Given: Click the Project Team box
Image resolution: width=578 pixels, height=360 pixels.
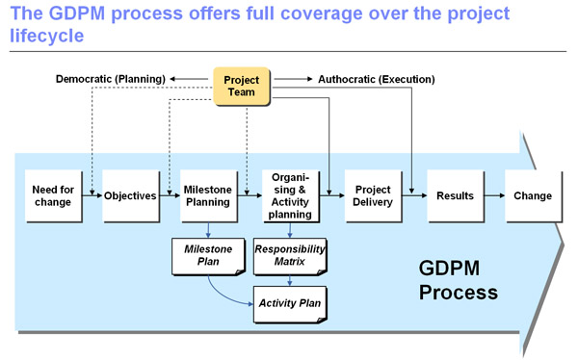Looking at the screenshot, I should pos(240,86).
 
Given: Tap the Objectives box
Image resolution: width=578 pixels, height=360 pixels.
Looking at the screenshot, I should pos(129,196).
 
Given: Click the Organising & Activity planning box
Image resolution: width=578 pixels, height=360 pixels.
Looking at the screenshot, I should pos(290,195).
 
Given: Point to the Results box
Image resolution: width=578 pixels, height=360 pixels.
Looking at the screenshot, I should pos(454,196).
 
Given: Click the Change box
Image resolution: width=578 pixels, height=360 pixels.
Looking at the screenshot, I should pos(533,196).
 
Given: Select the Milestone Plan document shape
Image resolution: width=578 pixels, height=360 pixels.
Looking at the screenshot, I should pos(209,255).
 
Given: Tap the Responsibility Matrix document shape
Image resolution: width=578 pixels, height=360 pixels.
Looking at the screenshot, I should pos(290,255).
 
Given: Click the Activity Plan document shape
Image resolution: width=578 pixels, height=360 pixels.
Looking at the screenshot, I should pos(290,302).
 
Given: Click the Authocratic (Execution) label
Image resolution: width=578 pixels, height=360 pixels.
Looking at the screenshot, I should pos(377,78).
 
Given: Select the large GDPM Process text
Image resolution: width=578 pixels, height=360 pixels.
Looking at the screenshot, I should pos(458,279).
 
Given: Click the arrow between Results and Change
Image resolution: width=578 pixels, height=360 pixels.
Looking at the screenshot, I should pos(493,196).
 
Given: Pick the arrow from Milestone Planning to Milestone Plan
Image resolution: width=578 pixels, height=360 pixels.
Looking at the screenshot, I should pos(209,231).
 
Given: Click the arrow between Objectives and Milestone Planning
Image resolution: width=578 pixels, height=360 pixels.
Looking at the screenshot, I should pos(169,196).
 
